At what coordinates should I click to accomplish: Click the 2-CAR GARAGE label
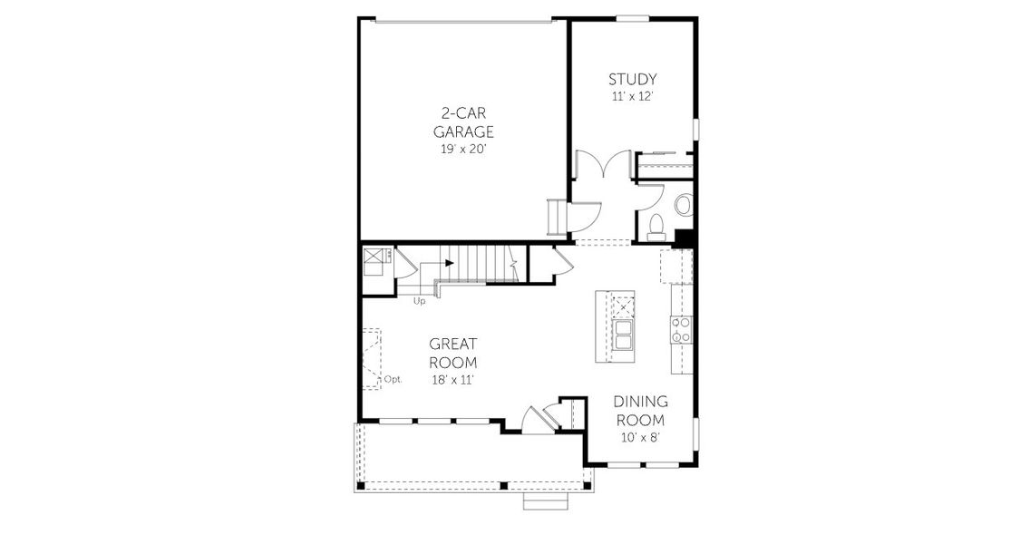tap(467, 122)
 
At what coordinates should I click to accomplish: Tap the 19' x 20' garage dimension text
tap(466, 149)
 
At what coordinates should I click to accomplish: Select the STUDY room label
tap(632, 80)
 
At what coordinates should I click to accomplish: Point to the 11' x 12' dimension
tap(632, 96)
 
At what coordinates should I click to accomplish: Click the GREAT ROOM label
tap(453, 354)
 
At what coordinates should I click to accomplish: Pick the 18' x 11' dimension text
tap(453, 380)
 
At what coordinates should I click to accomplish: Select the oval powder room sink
tap(683, 206)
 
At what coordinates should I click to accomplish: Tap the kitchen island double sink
tap(624, 335)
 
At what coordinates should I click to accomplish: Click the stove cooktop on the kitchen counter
tap(681, 330)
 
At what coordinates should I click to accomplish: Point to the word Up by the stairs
tap(420, 301)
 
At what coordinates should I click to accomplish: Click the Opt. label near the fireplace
tap(393, 380)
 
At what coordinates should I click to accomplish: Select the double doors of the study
tap(604, 166)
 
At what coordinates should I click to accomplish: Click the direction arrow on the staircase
tap(449, 263)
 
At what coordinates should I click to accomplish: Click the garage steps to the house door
tap(555, 219)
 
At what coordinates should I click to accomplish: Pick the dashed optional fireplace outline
tap(372, 358)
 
